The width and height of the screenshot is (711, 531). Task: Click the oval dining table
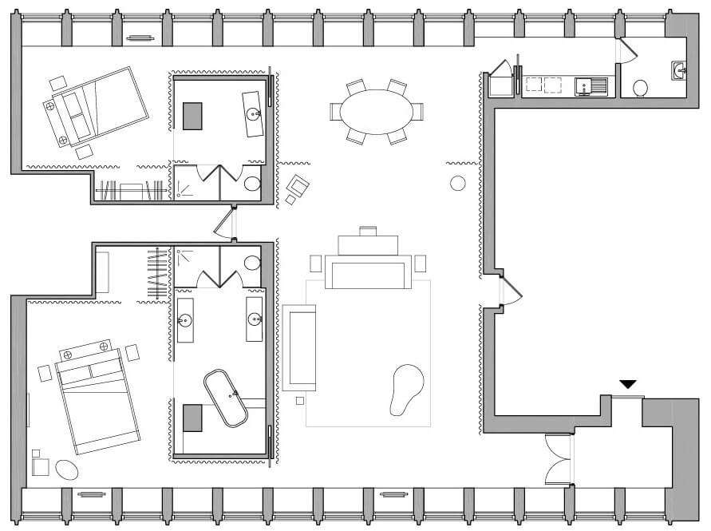(x=377, y=112)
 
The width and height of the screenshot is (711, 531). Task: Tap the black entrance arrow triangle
(x=628, y=385)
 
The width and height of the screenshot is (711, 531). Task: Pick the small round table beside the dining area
(x=458, y=184)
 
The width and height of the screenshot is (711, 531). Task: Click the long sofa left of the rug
(x=299, y=347)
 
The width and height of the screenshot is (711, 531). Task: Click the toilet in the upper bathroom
(x=252, y=184)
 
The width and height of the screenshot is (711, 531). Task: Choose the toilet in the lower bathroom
(x=252, y=263)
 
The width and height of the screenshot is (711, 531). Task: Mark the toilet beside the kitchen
(x=640, y=88)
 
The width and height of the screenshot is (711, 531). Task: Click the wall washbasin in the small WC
(x=679, y=71)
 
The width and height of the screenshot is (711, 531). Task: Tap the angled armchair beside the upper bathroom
(x=298, y=188)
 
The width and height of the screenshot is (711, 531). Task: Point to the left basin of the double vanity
(x=185, y=321)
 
